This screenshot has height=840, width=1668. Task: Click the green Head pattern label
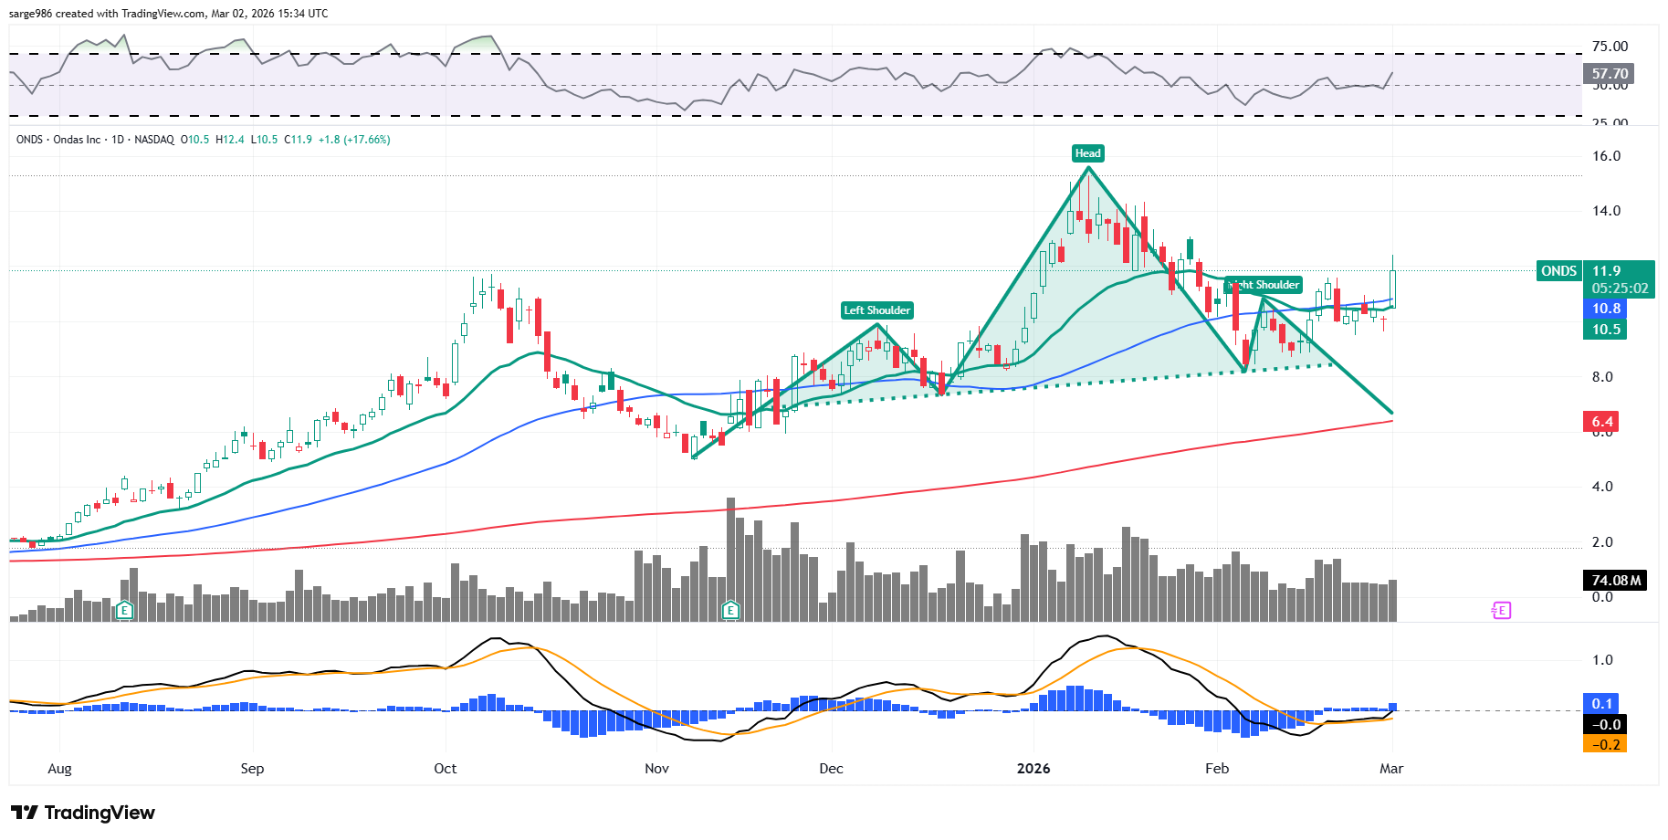tap(1087, 153)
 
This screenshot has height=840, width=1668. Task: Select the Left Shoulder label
tap(876, 310)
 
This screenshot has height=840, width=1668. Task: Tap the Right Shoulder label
tap(1264, 285)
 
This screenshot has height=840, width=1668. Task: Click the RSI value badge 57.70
tap(1609, 74)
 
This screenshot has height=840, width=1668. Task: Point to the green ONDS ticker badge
tap(1558, 271)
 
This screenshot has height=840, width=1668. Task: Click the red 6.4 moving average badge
tap(1602, 422)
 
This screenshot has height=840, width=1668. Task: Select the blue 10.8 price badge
tap(1606, 309)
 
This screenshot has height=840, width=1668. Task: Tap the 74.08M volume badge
tap(1615, 581)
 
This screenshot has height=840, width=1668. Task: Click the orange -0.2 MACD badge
tap(1606, 744)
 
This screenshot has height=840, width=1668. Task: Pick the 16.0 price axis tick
tap(1606, 156)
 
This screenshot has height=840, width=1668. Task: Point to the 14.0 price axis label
tap(1606, 211)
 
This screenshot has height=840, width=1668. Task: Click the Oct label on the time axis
tap(446, 769)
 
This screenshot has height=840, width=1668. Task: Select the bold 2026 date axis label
tap(1033, 769)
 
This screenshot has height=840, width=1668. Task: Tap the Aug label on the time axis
tap(59, 769)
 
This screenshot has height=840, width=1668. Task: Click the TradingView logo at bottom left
tap(83, 813)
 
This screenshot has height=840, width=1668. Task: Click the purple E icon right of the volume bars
tap(1501, 610)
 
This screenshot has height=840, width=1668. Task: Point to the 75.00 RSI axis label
tap(1610, 47)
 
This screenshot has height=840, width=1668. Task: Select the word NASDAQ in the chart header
tap(154, 140)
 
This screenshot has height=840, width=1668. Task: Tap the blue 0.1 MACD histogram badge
tap(1602, 703)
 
